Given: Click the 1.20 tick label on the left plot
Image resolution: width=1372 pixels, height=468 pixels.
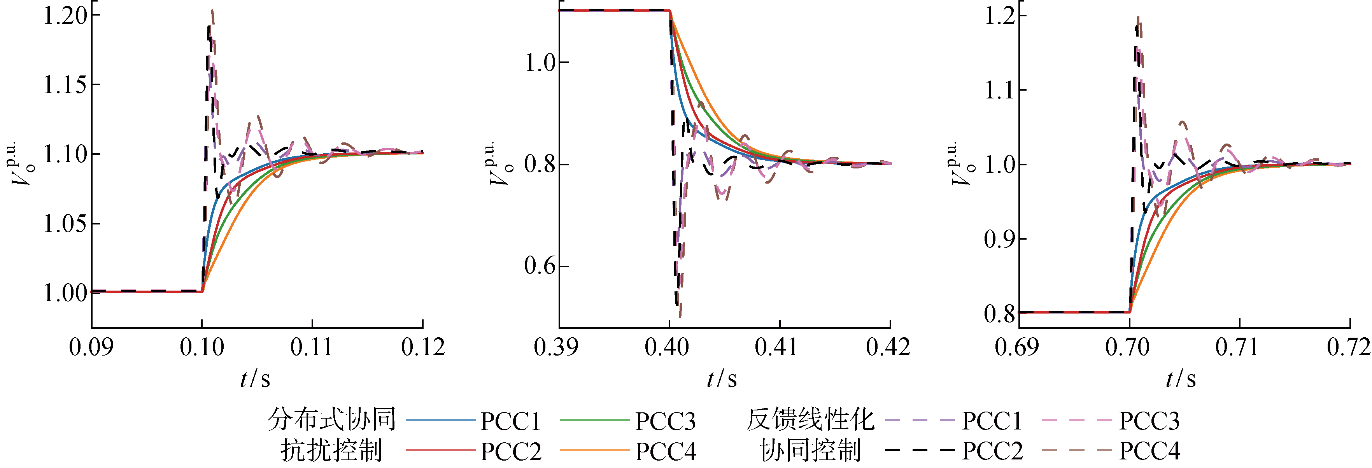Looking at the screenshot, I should coord(65,16).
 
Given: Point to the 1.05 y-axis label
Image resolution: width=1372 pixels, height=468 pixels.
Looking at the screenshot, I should coord(65,224).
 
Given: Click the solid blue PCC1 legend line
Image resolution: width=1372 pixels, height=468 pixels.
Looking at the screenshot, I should coord(440,421).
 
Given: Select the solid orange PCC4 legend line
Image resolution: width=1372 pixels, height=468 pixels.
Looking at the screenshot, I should coord(594,451).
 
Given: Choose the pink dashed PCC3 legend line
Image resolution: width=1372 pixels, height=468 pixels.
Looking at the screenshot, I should coord(1076,421).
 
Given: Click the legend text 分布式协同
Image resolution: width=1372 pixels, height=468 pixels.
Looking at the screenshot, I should coord(331,419).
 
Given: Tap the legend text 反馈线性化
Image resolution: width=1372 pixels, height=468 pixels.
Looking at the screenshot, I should coord(810,419).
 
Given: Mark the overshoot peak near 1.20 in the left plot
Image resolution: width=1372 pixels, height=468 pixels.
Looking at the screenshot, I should coord(212,11).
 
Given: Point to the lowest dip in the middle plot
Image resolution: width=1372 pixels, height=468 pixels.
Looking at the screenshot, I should coord(680,315).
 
